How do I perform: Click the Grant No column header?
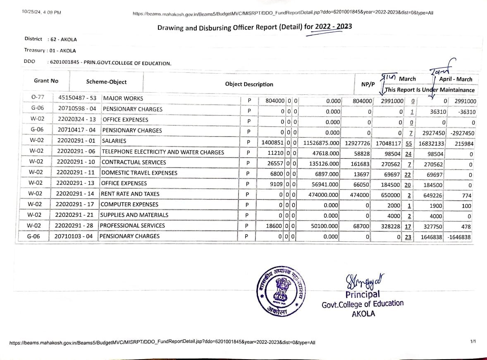pos(46,81)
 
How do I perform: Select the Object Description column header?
pos(249,84)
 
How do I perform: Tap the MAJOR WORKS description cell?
pos(123,98)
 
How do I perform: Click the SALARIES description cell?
pos(114,141)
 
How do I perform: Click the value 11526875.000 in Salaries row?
pos(322,143)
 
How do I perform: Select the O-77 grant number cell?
pos(38,98)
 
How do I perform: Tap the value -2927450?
pos(461,133)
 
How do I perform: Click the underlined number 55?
pos(408,144)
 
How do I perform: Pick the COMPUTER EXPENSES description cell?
pos(129,204)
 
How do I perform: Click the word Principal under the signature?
pos(363,294)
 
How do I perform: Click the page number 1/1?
pos(473,342)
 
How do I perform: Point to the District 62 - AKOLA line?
pos(50,39)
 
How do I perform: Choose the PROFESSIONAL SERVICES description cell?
pos(132,226)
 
